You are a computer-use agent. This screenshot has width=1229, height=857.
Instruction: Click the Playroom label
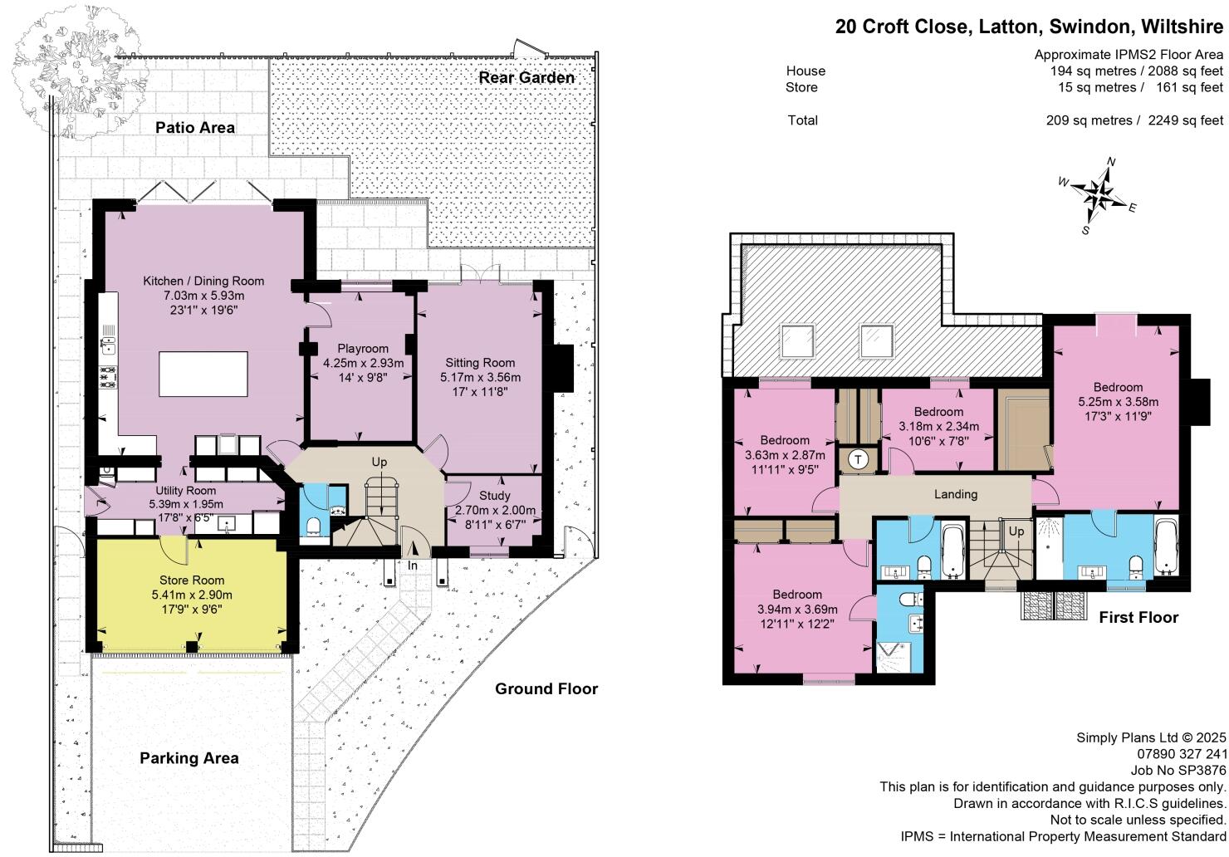[x=363, y=349]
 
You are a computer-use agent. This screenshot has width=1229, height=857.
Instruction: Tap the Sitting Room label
[x=480, y=363]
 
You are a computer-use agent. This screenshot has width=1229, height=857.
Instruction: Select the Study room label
[x=495, y=496]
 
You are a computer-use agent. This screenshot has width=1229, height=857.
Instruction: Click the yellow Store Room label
[x=192, y=580]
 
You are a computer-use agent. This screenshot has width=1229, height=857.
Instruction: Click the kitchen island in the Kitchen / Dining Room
[x=203, y=374]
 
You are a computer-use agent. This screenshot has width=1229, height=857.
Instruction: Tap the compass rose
[x=1099, y=196]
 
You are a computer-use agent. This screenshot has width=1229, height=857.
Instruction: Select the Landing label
[x=956, y=494]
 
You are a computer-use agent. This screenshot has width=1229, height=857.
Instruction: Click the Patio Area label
[x=195, y=127]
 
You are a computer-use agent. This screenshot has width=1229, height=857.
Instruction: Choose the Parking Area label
[x=189, y=758]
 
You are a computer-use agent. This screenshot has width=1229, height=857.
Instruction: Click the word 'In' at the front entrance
[x=413, y=566]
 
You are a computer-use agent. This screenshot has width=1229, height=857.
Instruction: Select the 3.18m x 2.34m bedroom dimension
[x=938, y=427]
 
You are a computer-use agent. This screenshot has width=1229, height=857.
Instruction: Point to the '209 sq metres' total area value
[x=1089, y=120]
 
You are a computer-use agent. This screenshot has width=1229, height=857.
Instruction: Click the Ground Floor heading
[x=546, y=688]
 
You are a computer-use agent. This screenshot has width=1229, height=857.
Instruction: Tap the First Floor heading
[x=1138, y=617]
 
